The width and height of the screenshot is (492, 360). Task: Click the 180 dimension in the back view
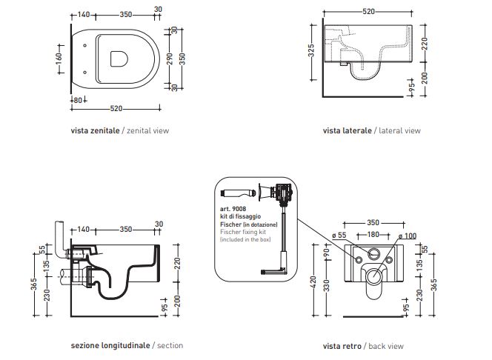coord(373,235)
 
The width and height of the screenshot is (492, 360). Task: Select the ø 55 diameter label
coord(339,236)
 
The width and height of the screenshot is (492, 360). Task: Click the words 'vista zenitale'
coord(94,130)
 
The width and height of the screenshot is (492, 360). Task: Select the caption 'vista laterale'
coord(347,130)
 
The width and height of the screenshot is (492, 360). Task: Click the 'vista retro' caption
coord(342,345)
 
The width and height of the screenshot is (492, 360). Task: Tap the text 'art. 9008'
coord(233,208)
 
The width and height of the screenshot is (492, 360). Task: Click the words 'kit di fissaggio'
coord(238,216)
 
